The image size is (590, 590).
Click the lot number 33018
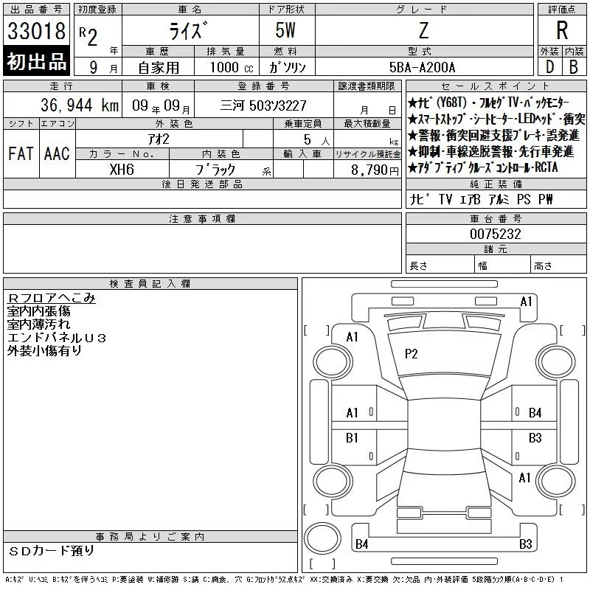[36, 31]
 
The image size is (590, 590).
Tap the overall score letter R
[562, 30]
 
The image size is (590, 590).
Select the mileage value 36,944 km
[80, 105]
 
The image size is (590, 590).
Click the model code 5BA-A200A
[422, 67]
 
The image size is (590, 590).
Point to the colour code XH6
[122, 170]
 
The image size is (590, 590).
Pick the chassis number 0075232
[496, 234]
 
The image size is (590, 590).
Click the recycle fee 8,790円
[375, 170]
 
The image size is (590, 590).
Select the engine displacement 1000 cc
[232, 67]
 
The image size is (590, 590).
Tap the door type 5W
[285, 30]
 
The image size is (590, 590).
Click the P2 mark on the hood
[411, 354]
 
